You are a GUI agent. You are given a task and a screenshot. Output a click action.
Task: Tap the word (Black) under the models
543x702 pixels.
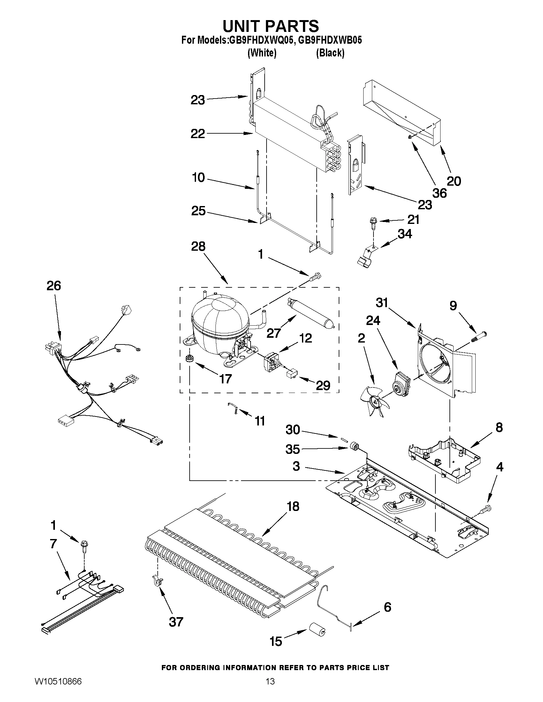tap(330, 53)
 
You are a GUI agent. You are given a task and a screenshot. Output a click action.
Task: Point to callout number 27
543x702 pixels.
tap(274, 333)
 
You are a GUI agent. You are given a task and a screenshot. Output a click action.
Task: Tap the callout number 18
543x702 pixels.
tap(293, 506)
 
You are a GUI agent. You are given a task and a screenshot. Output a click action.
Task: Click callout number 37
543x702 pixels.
tap(176, 622)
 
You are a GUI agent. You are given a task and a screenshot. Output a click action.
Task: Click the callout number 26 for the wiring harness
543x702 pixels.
tap(54, 285)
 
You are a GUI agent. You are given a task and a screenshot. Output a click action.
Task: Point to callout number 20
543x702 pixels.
tap(454, 181)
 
